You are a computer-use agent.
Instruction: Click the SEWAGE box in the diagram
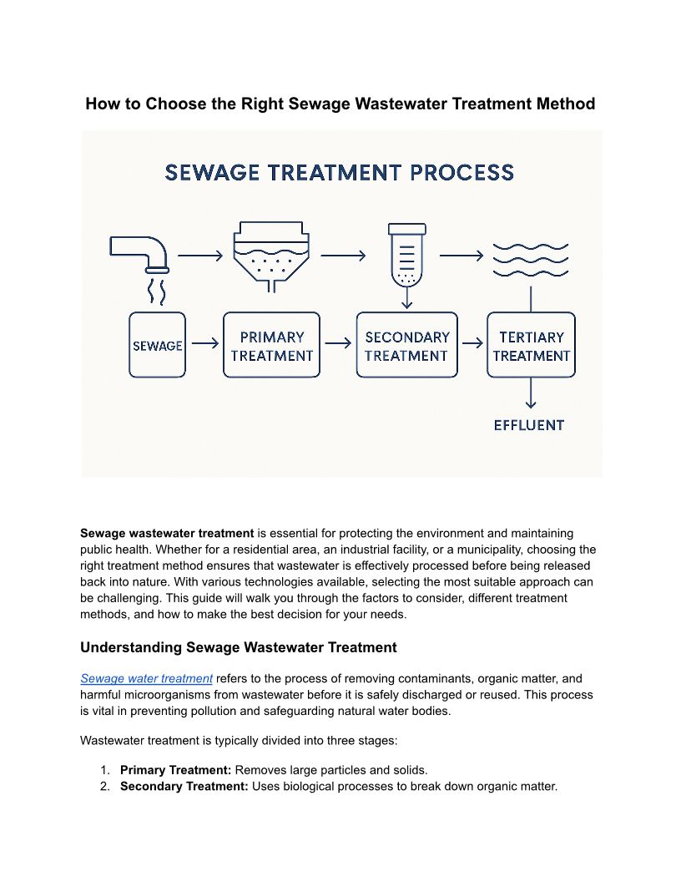tap(157, 344)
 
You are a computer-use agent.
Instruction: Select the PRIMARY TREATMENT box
tap(271, 345)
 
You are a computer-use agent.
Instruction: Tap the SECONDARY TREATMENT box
tap(406, 345)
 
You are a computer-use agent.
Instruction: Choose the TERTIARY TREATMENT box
tap(531, 345)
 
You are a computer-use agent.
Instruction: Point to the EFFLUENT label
tap(529, 425)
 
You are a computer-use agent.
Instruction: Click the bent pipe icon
tap(141, 251)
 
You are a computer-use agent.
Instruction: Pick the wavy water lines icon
tap(531, 260)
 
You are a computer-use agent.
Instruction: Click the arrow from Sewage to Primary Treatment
tap(204, 343)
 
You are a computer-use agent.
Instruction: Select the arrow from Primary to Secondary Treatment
tap(338, 343)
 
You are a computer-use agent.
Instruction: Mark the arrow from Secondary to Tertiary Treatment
tap(472, 343)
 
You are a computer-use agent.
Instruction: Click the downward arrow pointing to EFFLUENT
tap(531, 394)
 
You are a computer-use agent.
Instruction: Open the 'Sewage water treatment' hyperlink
tap(146, 678)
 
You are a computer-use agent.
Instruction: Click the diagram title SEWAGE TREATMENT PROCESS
tap(340, 173)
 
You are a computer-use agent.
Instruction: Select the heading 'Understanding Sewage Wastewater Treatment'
tap(238, 647)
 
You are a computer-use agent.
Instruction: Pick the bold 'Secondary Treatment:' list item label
tap(184, 786)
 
